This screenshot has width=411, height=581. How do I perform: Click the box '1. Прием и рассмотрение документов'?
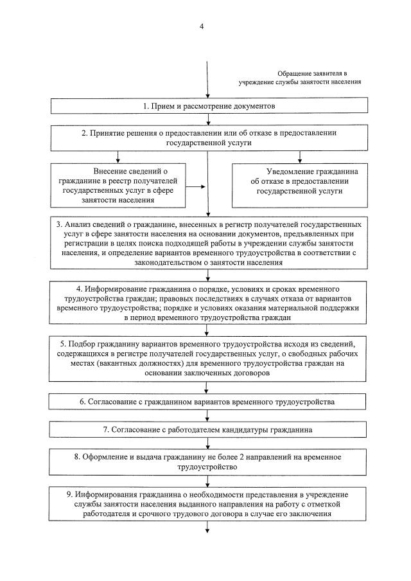206,105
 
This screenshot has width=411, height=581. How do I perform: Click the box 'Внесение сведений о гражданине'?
121,186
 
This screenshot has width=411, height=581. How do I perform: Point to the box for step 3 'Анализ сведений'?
206,243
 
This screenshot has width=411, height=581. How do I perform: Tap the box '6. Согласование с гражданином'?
206,402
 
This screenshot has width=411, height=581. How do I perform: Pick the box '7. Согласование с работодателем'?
206,429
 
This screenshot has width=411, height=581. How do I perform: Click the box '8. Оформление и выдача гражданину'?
206,462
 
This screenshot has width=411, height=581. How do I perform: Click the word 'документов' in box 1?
246,105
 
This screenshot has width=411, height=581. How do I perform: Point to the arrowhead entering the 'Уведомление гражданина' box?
299,159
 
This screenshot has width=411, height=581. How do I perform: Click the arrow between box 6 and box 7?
206,415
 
